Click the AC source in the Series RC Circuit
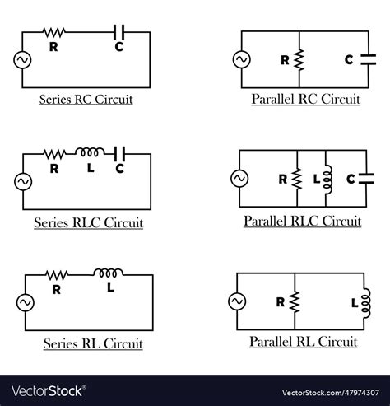[x=22, y=59]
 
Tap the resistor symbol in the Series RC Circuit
[x=54, y=32]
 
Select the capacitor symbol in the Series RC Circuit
[x=119, y=32]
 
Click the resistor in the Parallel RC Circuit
[x=299, y=59]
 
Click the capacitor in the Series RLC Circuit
[x=120, y=152]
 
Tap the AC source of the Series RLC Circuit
[x=22, y=180]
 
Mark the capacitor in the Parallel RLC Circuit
[x=364, y=179]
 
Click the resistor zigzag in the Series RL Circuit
[x=56, y=274]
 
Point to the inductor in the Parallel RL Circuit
[x=365, y=302]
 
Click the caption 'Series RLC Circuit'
[x=88, y=223]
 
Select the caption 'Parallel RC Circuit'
[x=305, y=100]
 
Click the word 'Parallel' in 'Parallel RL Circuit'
[x=272, y=342]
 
